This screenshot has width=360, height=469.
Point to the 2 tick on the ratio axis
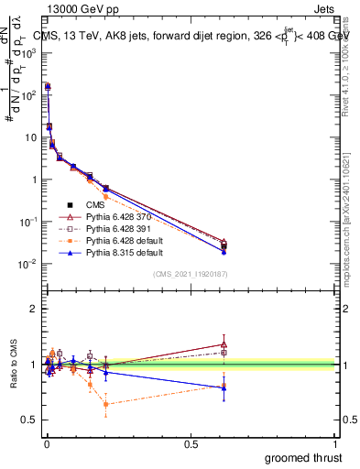tap(34, 310)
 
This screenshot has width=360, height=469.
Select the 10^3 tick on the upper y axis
tap(27, 53)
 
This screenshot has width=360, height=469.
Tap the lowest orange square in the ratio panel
tap(106, 404)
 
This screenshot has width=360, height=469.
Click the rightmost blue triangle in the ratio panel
tap(224, 387)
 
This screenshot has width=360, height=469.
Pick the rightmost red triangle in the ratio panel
tap(224, 344)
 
